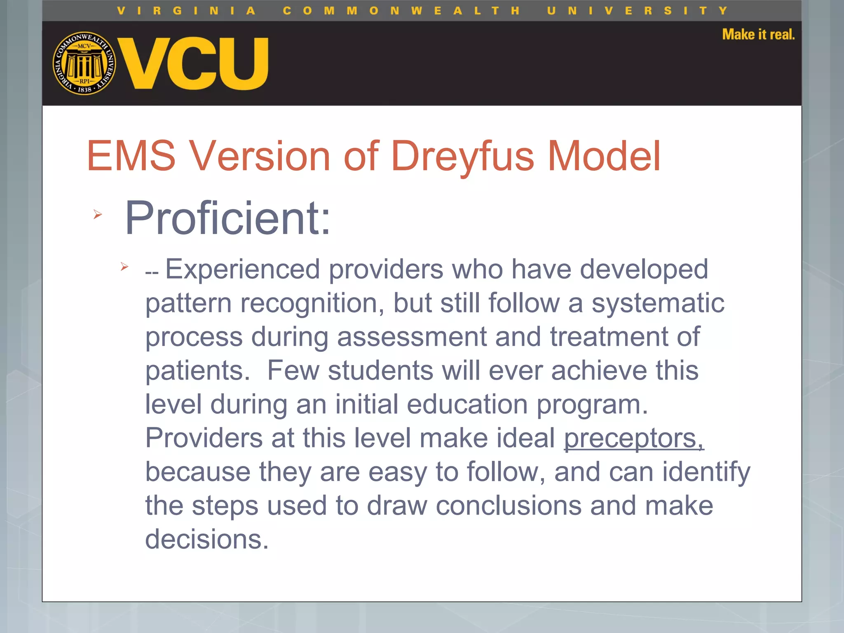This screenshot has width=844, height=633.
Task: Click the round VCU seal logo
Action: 84,63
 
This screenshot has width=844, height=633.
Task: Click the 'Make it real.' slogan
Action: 758,35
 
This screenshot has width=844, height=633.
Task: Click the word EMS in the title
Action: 131,156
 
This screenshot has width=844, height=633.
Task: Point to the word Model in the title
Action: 604,156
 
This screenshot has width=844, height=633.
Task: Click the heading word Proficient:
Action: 227,218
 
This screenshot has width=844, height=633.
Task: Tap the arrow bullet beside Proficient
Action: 97,214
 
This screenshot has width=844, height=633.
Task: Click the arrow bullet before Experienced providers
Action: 124,267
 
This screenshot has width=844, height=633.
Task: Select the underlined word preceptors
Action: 633,438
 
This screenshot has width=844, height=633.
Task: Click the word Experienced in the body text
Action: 242,270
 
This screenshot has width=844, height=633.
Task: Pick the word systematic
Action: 658,303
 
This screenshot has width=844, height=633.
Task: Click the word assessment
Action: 412,337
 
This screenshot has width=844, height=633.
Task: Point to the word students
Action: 380,370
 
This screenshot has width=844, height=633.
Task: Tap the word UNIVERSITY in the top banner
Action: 637,11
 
